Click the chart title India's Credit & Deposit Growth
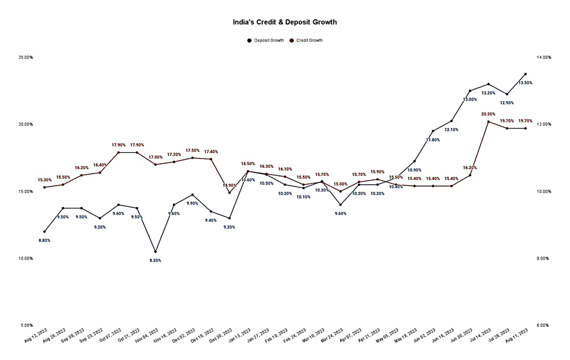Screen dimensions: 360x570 [x=285, y=22]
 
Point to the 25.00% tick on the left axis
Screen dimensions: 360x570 [x=26, y=57]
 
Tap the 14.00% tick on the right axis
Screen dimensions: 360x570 [x=543, y=57]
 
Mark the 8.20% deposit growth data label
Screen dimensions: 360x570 [x=155, y=260]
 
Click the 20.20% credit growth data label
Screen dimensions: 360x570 [x=489, y=114]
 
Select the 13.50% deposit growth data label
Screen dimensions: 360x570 [x=525, y=83]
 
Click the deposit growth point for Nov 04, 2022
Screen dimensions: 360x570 [x=155, y=251]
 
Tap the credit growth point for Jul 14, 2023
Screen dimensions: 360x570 [x=489, y=122]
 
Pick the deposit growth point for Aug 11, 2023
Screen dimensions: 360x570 [x=525, y=74]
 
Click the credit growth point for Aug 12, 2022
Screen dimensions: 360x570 [x=44, y=188]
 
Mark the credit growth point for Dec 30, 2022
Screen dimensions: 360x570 [x=230, y=193]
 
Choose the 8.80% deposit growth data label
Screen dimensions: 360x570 [x=44, y=240]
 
